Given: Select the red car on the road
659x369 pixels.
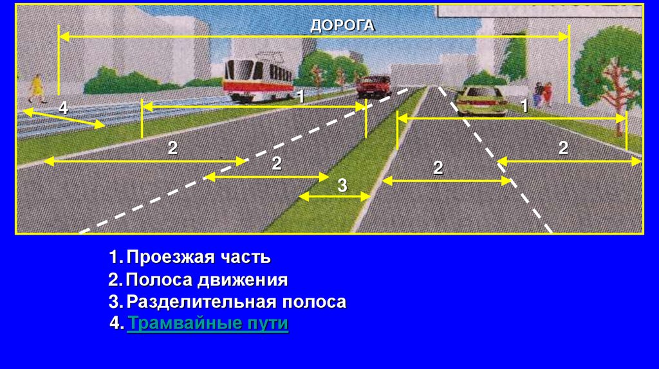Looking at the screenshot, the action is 373,85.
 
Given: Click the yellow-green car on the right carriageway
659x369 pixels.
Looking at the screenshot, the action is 481,100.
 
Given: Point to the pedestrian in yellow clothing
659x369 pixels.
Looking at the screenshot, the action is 37,87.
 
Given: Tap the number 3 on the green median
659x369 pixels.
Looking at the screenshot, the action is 342,185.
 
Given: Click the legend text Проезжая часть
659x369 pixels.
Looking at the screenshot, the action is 198,258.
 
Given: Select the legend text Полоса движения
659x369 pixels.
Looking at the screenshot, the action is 207,280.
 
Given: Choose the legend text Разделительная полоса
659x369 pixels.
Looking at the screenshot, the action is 236,302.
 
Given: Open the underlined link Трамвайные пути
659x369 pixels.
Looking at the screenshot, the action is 207,323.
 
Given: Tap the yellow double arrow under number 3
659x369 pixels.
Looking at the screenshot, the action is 335,196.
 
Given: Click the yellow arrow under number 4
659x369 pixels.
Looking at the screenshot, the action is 65,119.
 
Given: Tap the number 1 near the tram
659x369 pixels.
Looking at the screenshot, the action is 299,96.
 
